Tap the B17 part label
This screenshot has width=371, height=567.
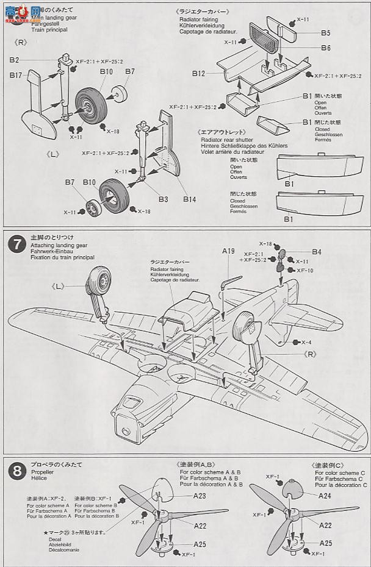coord(16,75)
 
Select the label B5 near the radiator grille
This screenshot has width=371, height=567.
coord(326,33)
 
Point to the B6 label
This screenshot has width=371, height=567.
coord(326,48)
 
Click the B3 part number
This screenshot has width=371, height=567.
coord(162,199)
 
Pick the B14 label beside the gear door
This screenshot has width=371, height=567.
coord(189,199)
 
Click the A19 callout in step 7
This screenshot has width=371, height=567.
coord(229,251)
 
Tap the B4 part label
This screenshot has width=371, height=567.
coord(316,251)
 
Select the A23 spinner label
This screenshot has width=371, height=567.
coord(200,496)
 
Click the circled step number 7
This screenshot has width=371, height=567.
coord(16,244)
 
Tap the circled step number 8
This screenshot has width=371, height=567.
coord(16,470)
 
